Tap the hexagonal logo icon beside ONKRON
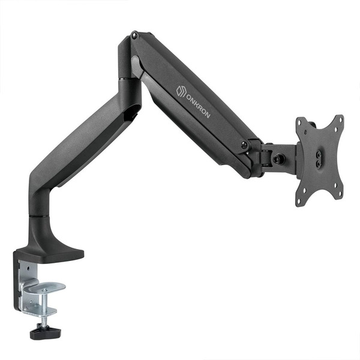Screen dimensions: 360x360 [x=180, y=89]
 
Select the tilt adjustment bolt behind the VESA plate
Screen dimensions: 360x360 [x=278, y=160]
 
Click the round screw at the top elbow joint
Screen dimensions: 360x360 [x=134, y=37]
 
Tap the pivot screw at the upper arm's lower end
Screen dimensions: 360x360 [x=244, y=145]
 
